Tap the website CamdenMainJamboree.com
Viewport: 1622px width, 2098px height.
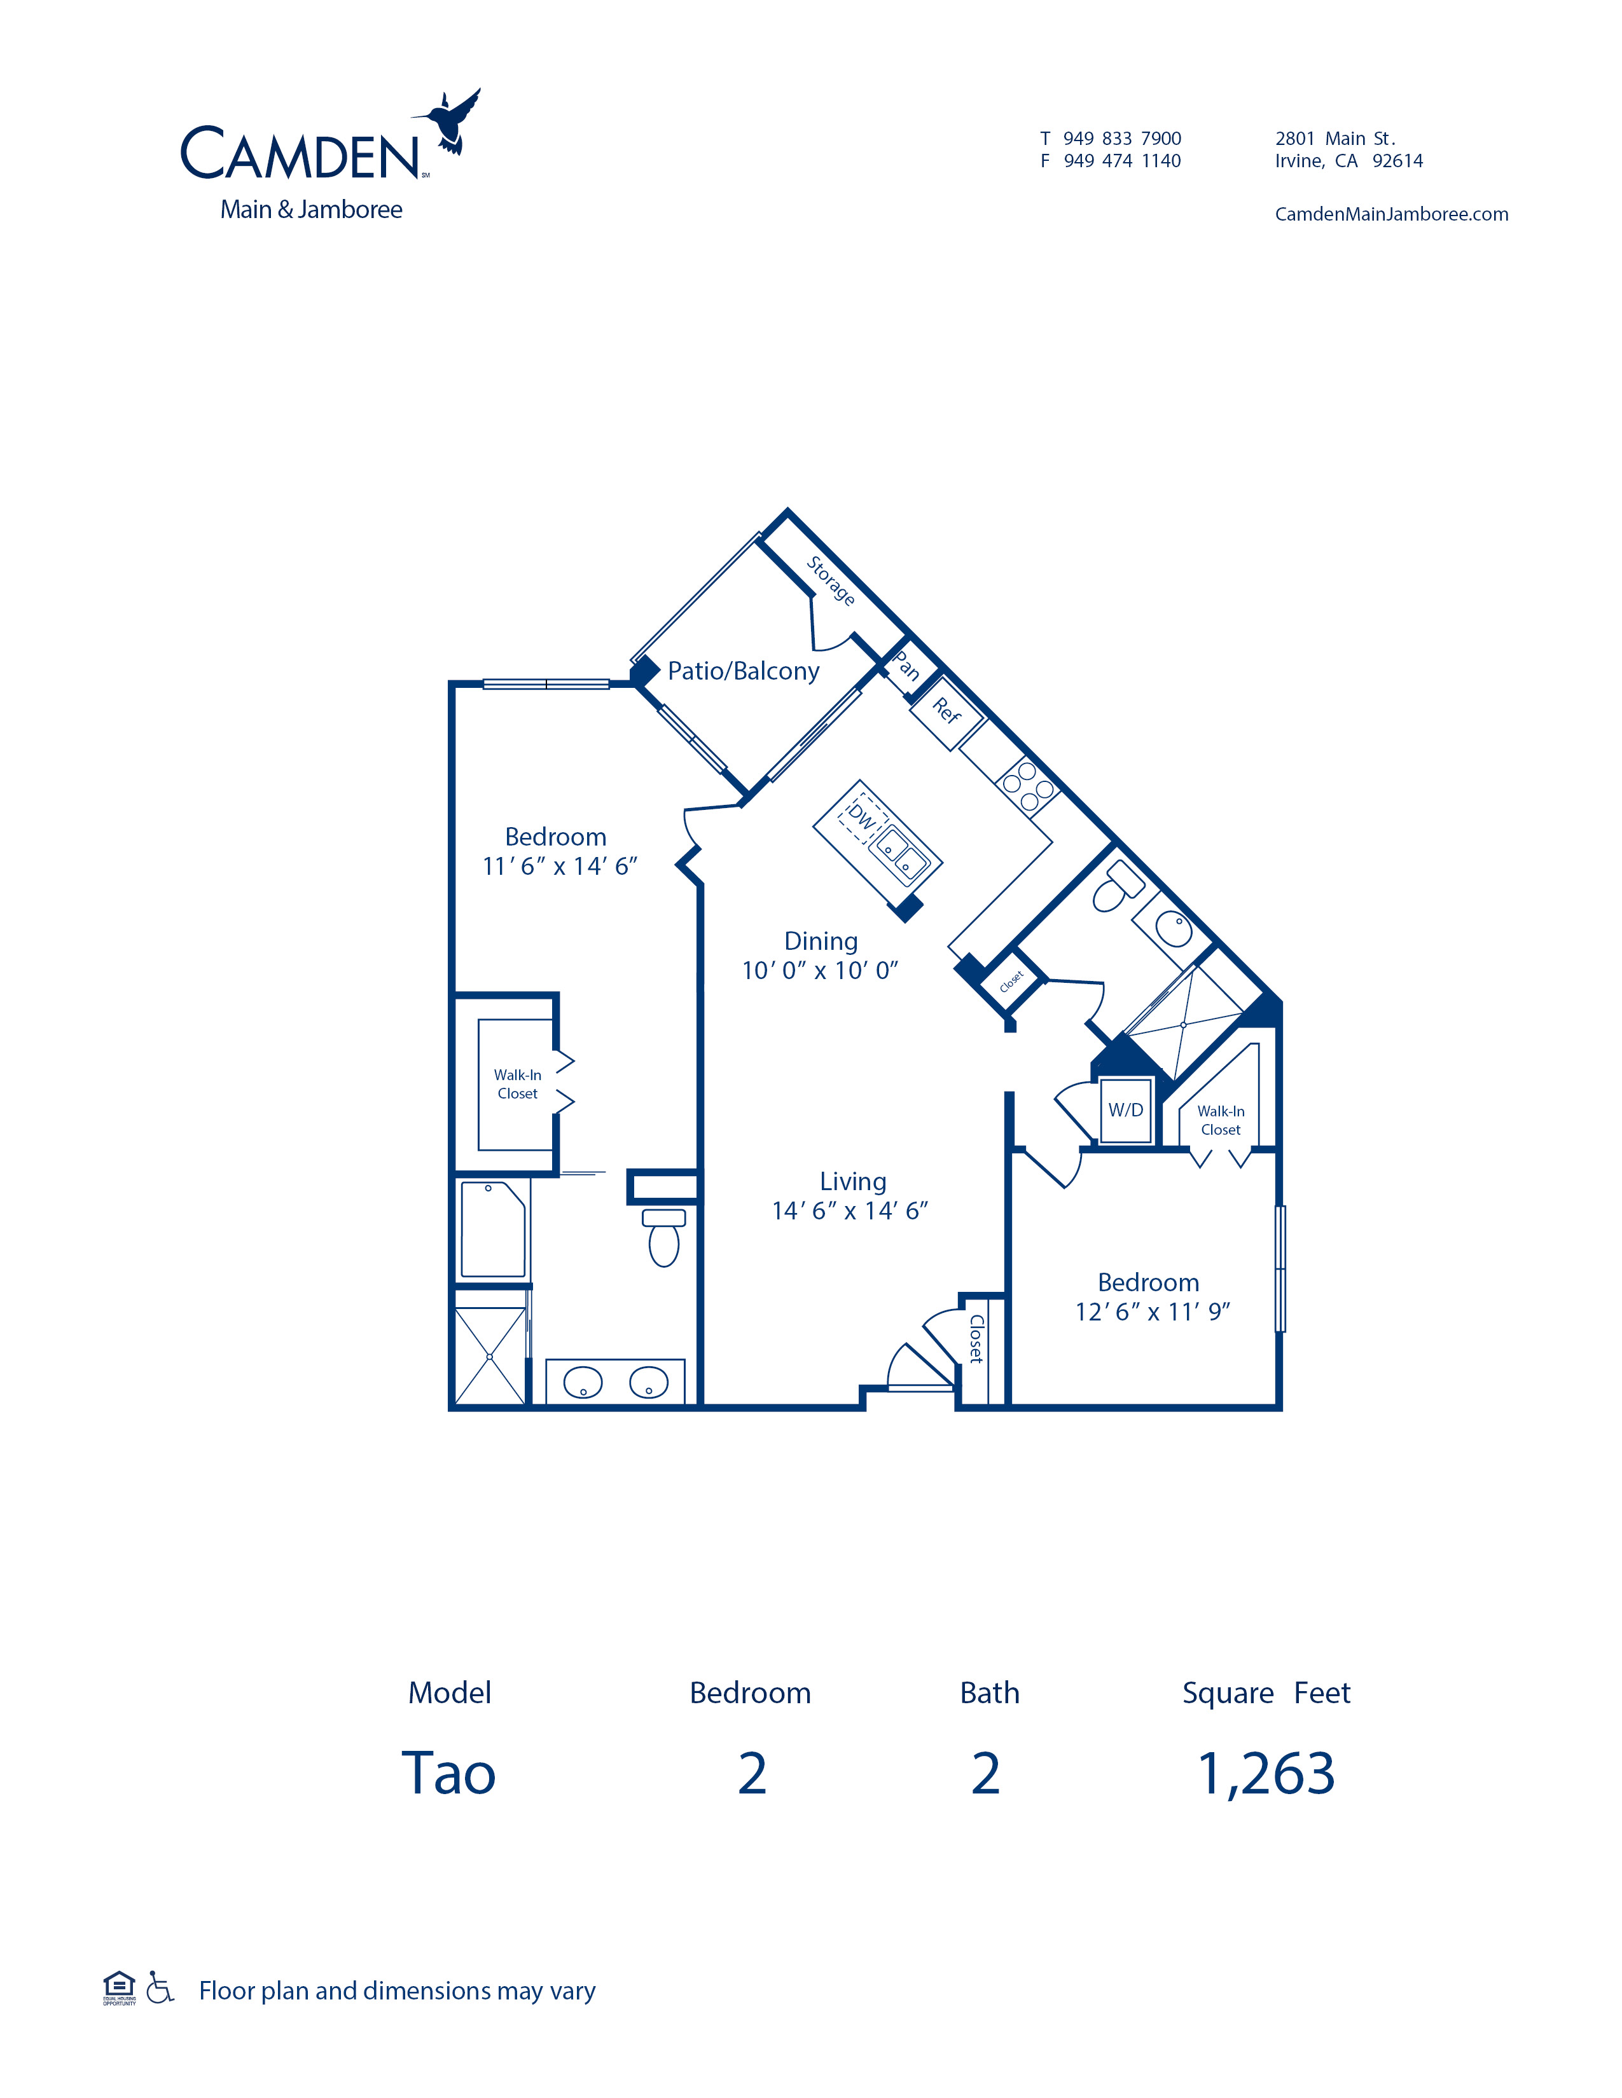[1391, 214]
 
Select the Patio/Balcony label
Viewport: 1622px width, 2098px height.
[744, 671]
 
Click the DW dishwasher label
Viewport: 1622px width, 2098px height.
[862, 818]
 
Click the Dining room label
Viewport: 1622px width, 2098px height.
[821, 942]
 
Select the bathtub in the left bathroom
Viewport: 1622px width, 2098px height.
[493, 1229]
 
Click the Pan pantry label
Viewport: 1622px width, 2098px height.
[907, 666]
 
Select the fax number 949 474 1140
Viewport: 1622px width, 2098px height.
[1122, 161]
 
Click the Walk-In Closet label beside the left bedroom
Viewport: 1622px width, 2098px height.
[518, 1085]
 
